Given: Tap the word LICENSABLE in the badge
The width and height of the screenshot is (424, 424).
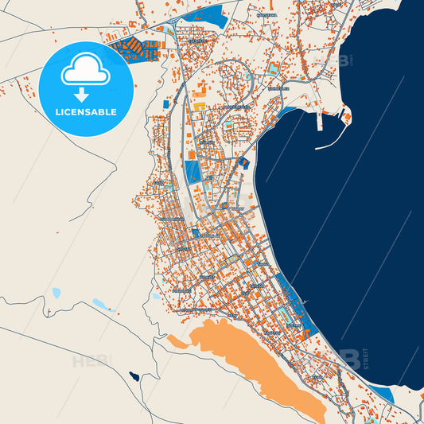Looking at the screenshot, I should point(85,112).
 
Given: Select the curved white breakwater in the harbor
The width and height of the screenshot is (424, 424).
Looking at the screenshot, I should point(333,141).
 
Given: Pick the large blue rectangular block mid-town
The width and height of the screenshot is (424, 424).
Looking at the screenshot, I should point(193,172).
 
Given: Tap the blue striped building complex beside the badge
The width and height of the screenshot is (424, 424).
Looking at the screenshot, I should point(134,47).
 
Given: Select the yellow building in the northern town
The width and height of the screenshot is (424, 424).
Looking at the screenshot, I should point(199,105).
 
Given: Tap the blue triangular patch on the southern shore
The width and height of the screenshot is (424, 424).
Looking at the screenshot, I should point(383,394).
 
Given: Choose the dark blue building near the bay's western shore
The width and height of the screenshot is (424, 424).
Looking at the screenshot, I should point(244,163).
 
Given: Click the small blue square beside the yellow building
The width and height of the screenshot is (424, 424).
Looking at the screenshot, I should point(165,104).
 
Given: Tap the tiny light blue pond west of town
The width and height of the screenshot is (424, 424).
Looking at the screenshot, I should point(56,293).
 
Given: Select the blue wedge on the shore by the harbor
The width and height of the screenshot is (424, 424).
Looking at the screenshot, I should point(289,114).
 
